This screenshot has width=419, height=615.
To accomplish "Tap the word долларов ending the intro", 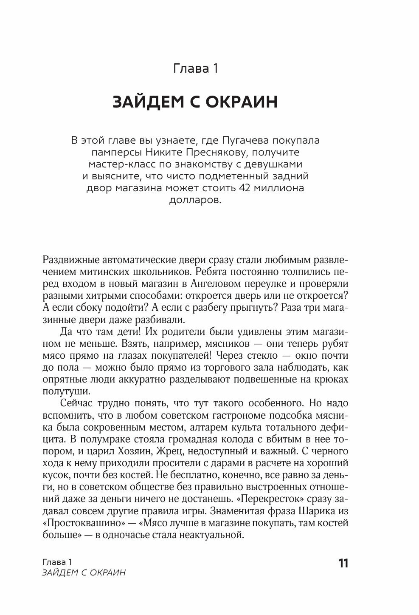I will [195, 200].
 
